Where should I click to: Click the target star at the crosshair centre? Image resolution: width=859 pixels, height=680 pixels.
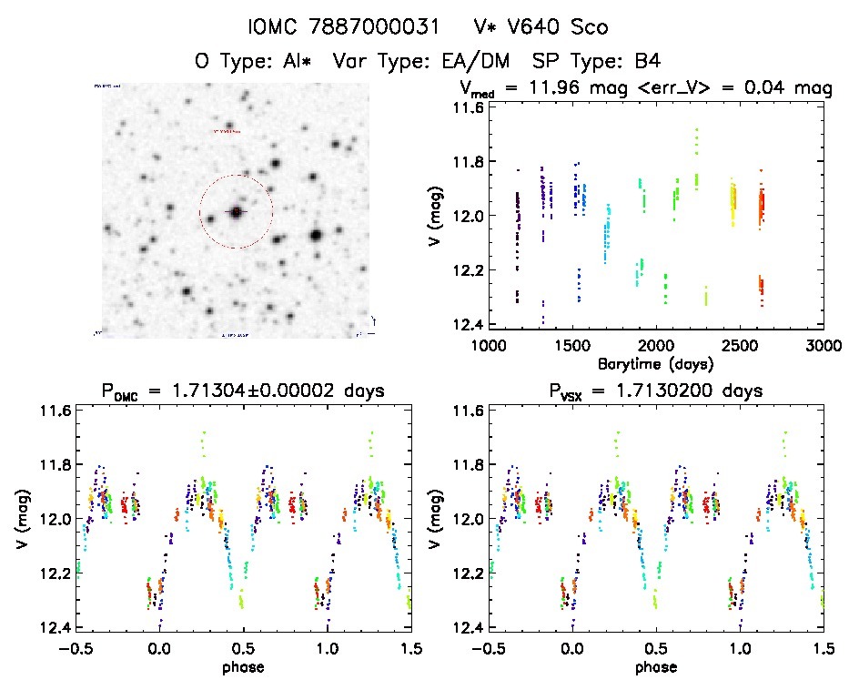tap(236, 212)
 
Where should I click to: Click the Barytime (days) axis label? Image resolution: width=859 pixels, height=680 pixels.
tap(655, 362)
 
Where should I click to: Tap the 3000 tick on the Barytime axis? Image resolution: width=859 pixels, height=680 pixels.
tap(823, 346)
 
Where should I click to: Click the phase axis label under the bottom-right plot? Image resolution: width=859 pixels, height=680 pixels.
tap(656, 665)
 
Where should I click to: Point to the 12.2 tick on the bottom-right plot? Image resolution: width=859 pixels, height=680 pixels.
tap(446, 573)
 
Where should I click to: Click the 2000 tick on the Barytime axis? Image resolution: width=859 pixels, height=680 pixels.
tap(655, 346)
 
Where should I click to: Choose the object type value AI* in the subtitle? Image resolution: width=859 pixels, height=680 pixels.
tap(297, 62)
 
